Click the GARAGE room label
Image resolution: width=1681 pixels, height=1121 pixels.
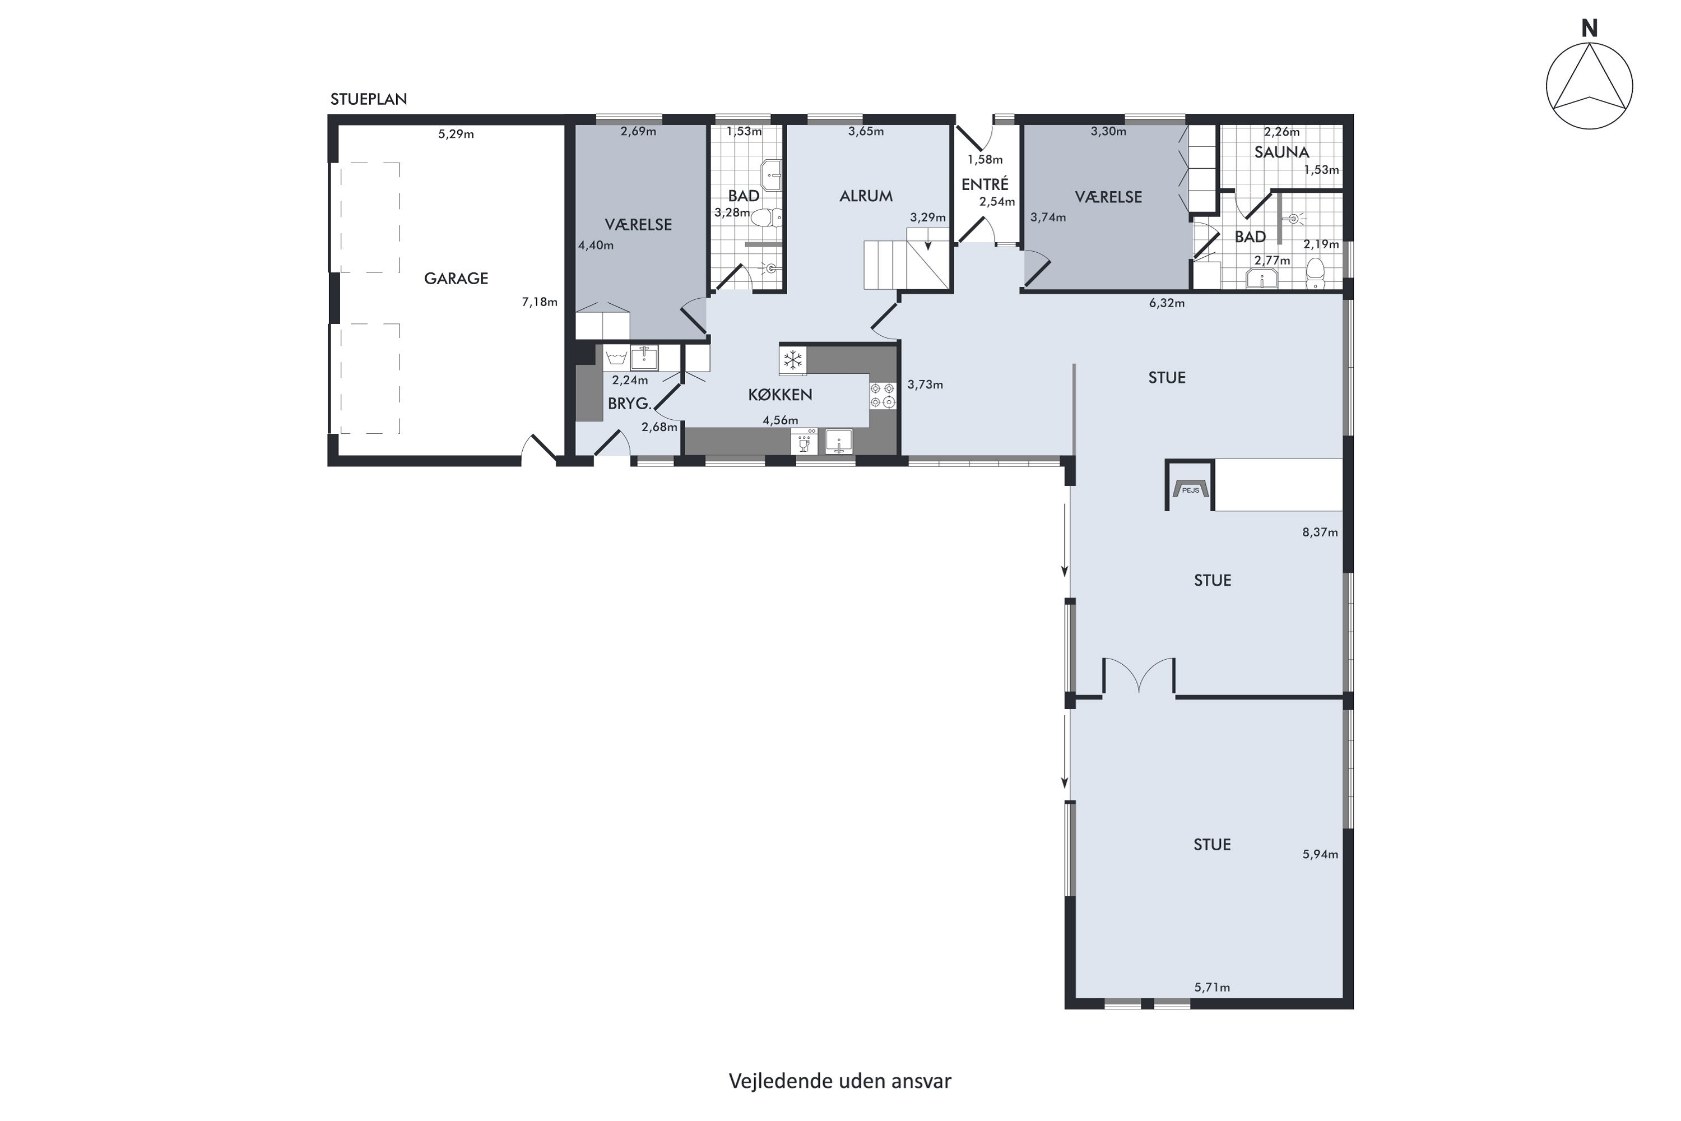click(x=456, y=278)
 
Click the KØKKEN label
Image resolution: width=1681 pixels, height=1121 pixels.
click(x=780, y=395)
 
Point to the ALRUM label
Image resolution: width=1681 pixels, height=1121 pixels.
click(x=866, y=196)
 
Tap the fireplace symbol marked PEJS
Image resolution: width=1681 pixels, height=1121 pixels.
click(x=1191, y=489)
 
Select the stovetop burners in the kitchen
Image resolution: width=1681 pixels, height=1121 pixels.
click(x=883, y=395)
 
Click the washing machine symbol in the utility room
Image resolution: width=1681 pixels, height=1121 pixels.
click(x=616, y=358)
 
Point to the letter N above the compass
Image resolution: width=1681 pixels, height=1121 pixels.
click(x=1589, y=29)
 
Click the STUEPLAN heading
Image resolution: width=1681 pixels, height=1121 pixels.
click(x=369, y=99)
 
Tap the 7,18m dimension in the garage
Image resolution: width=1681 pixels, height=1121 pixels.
click(x=540, y=302)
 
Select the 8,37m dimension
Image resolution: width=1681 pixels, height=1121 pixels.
click(x=1320, y=532)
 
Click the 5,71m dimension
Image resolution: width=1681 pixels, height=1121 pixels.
click(x=1212, y=987)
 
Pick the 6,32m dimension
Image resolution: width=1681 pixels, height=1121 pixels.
click(x=1167, y=303)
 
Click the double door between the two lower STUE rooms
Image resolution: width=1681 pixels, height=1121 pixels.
click(x=1139, y=677)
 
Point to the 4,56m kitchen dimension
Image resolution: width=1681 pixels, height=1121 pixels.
click(x=781, y=420)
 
